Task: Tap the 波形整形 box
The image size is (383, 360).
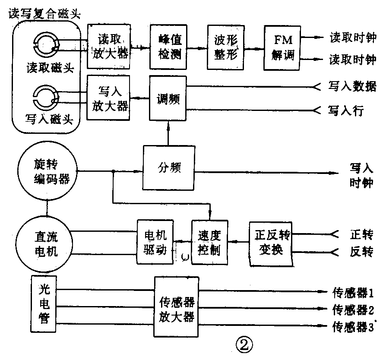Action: click(x=225, y=47)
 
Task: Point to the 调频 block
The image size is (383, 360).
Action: click(x=168, y=99)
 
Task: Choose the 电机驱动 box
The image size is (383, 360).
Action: click(x=155, y=242)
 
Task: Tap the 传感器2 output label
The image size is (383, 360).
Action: click(x=353, y=309)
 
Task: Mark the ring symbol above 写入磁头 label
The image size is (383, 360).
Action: click(x=43, y=98)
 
